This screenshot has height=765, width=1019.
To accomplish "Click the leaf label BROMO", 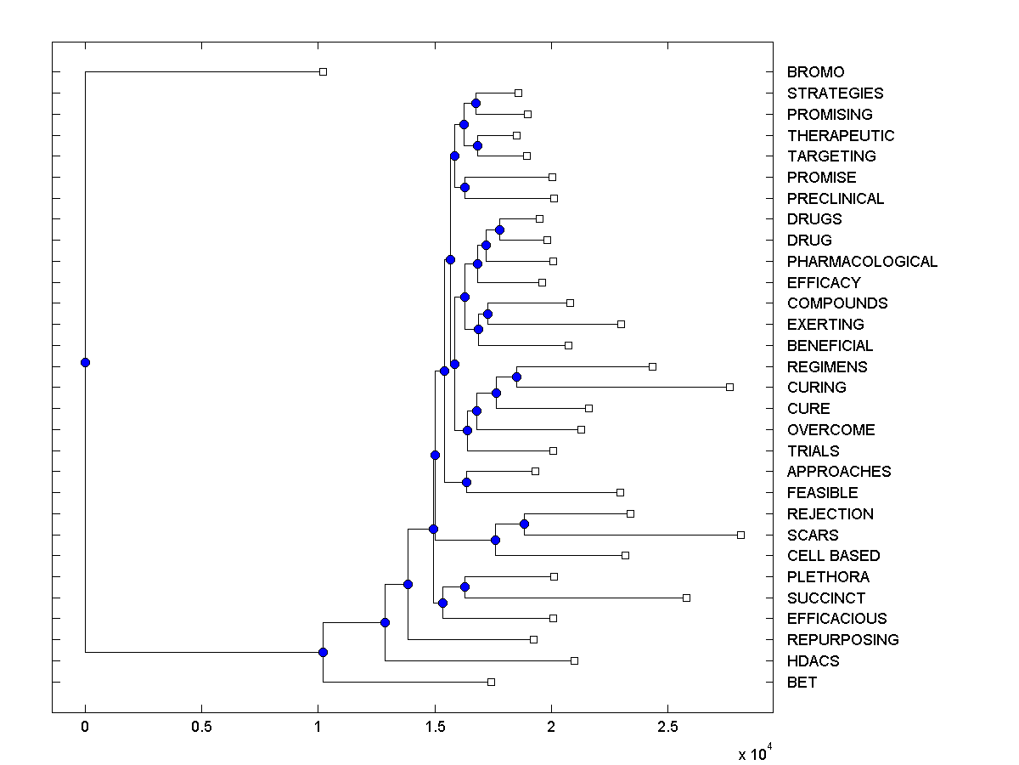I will tap(815, 72).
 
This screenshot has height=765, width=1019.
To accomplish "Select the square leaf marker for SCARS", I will tap(740, 535).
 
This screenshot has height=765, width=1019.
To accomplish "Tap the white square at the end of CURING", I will tap(729, 387).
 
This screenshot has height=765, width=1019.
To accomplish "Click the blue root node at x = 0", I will tap(85, 362).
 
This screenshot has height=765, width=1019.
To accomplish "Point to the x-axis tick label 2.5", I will tap(667, 728).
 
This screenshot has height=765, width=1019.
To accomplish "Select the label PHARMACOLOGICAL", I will tap(862, 262).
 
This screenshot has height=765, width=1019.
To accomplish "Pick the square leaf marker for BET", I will tap(491, 682).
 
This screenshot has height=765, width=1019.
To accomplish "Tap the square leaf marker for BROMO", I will tap(323, 72).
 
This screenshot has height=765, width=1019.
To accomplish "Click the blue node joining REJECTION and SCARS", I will tap(525, 524).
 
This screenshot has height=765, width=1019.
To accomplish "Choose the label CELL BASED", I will tap(833, 556).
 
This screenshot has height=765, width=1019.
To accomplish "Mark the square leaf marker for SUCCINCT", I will tap(686, 598).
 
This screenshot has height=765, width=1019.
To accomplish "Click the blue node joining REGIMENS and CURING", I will tap(516, 377).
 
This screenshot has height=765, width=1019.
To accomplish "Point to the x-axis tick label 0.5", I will tap(201, 728).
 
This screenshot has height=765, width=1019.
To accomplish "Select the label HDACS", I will tap(813, 661).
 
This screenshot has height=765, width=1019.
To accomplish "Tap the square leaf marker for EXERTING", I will tap(621, 324).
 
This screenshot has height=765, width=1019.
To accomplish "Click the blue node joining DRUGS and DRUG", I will tap(499, 229).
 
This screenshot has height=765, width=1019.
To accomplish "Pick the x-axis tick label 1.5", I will tap(435, 728).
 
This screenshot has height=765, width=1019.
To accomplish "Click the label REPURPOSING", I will tap(842, 640).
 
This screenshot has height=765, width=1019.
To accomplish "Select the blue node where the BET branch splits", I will tap(323, 652).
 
